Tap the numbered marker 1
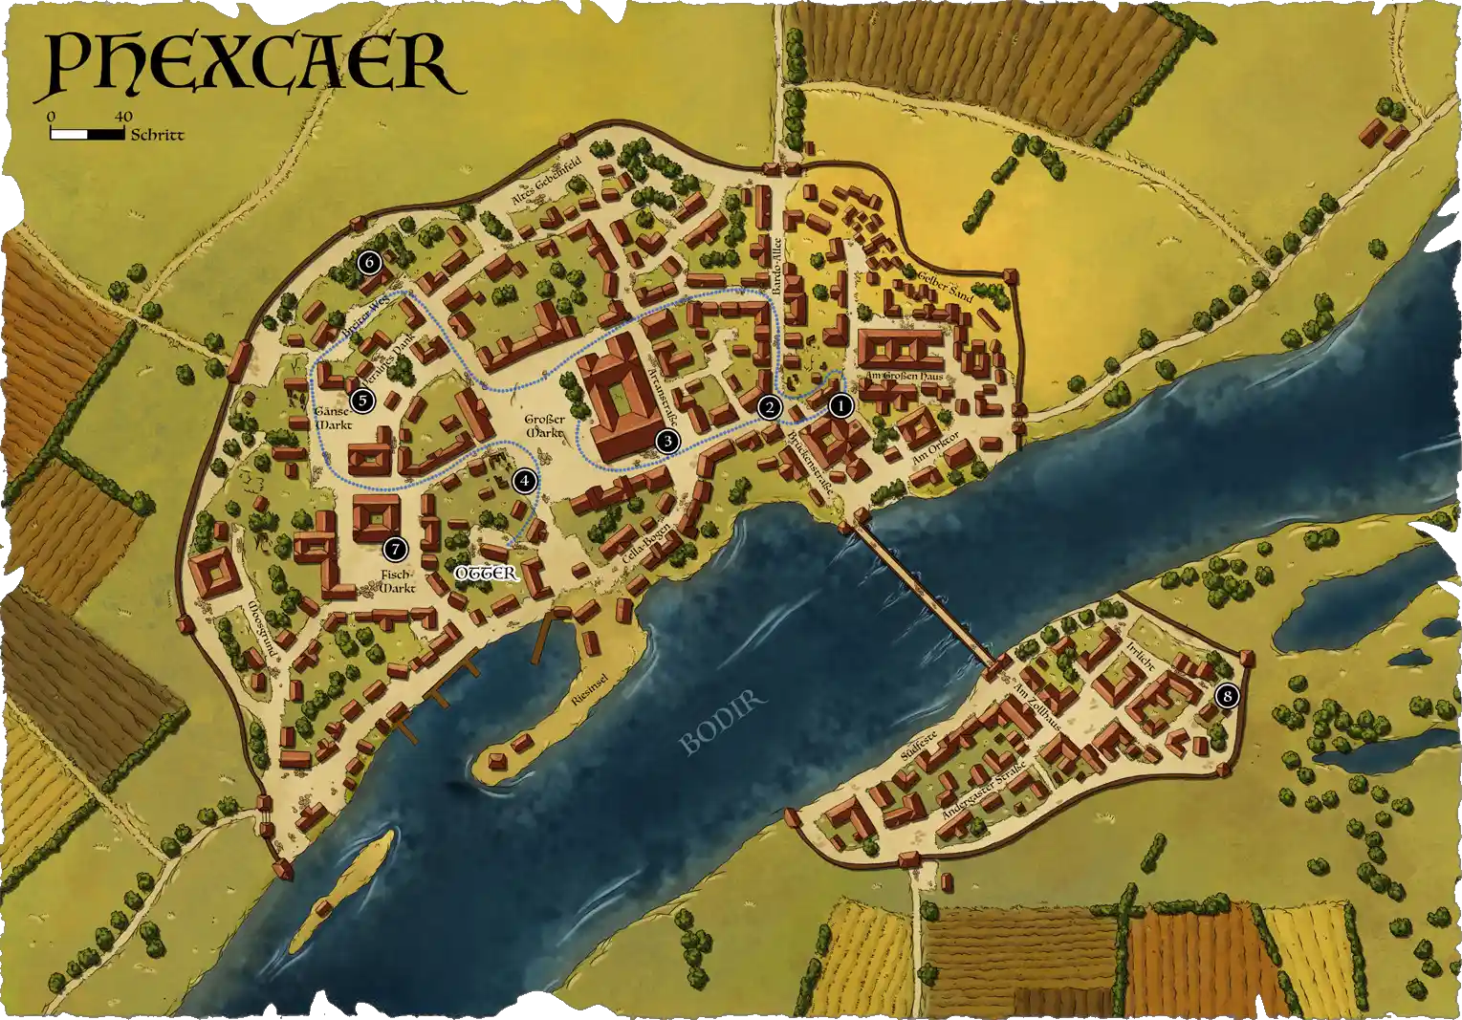pyautogui.click(x=840, y=405)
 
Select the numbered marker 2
pyautogui.click(x=768, y=408)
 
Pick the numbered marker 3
pyautogui.click(x=666, y=441)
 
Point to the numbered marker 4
pyautogui.click(x=523, y=481)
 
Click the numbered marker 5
pyautogui.click(x=360, y=401)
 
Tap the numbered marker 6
pyautogui.click(x=369, y=262)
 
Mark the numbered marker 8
pyautogui.click(x=1227, y=697)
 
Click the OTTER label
pyautogui.click(x=486, y=574)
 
